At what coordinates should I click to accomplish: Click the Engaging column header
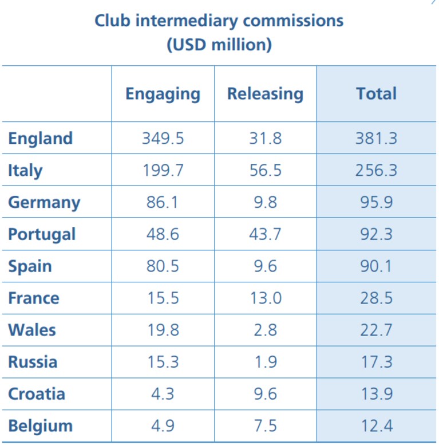[163, 94]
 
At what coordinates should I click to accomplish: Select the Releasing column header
[265, 94]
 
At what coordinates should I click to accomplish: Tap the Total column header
[376, 94]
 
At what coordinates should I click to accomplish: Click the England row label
[40, 139]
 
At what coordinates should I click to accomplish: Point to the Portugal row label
[42, 235]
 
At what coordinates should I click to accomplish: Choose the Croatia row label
[37, 394]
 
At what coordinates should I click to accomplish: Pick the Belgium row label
[41, 426]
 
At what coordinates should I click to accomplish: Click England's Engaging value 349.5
[163, 139]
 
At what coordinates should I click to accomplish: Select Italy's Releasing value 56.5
[265, 170]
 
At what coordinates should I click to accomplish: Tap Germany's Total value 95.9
[376, 202]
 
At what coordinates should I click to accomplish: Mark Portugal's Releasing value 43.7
[265, 234]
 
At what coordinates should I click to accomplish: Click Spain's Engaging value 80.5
[163, 266]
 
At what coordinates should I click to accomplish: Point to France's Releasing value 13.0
[266, 298]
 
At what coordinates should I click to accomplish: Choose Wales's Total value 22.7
[376, 330]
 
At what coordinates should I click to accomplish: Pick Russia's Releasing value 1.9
[266, 362]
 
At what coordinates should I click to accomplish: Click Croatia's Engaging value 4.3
[163, 394]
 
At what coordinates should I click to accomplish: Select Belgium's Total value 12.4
[377, 426]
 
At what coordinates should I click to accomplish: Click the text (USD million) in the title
[219, 45]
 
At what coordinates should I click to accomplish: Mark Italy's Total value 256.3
[376, 170]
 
